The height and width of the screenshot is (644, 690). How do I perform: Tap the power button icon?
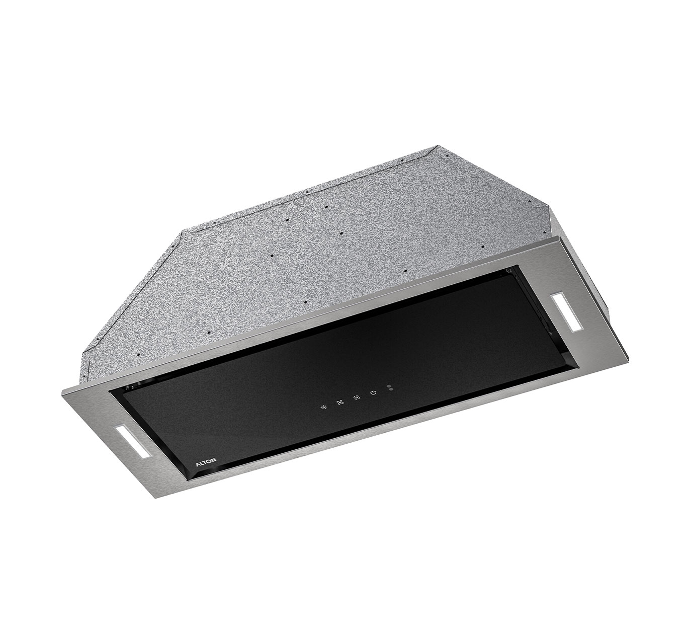pos(373,392)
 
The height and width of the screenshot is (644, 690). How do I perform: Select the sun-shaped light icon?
pos(324,407)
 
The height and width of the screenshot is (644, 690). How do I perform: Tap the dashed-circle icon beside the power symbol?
pos(356,397)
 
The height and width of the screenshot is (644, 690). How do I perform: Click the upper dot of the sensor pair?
pos(389,386)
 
